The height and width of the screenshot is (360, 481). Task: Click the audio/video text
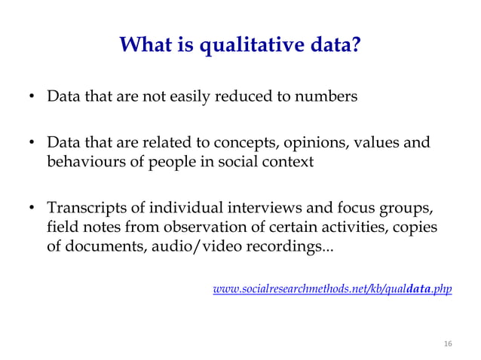coord(196,246)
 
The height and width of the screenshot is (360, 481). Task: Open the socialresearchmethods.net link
coord(332,288)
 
